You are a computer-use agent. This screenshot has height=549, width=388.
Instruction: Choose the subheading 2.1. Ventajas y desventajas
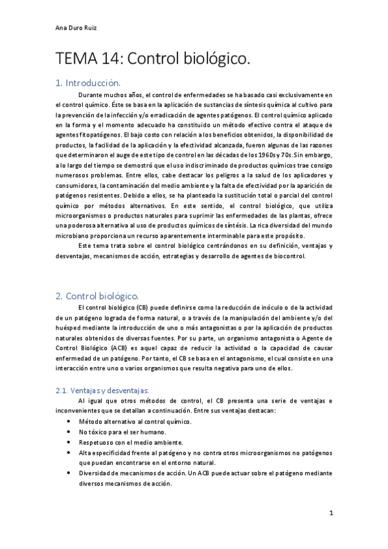(102, 390)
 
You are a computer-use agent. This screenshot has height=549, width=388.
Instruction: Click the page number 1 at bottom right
(331, 513)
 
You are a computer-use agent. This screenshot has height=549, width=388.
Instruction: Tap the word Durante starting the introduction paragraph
(91, 95)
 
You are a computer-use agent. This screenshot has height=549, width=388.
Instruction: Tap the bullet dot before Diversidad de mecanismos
(69, 473)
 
